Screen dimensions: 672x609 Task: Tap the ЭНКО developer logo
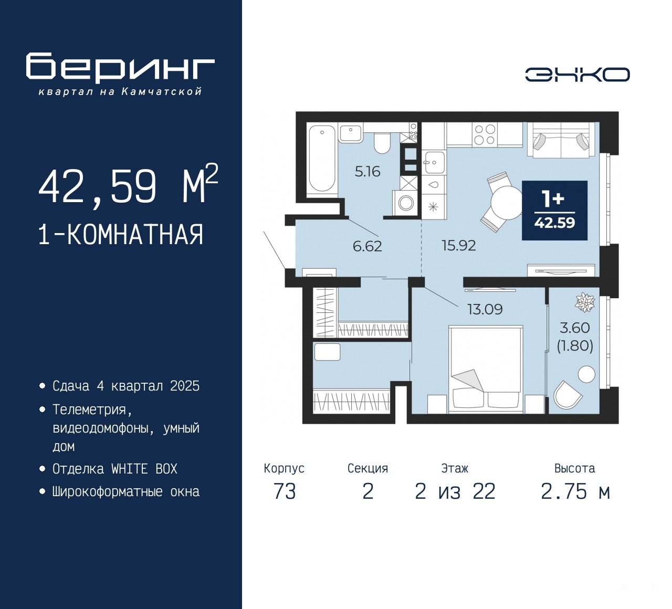click(x=577, y=75)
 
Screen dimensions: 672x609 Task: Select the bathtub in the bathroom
click(x=322, y=159)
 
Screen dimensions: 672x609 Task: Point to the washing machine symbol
click(x=406, y=203)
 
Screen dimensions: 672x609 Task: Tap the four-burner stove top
click(x=485, y=134)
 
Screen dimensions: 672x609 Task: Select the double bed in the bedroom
click(x=486, y=369)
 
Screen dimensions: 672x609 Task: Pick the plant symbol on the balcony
click(x=585, y=302)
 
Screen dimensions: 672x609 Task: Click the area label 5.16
click(x=367, y=172)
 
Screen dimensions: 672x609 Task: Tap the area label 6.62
click(x=367, y=247)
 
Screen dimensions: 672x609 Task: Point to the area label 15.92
click(x=459, y=246)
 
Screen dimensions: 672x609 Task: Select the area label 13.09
click(x=485, y=309)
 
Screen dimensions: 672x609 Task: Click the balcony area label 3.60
click(x=575, y=328)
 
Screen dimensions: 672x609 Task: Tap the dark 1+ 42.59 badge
click(x=555, y=211)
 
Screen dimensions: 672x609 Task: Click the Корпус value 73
click(x=285, y=492)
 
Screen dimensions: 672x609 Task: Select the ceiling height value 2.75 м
click(x=575, y=492)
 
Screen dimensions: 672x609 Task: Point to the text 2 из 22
click(x=455, y=492)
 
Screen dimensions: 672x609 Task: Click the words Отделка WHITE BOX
click(x=115, y=469)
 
